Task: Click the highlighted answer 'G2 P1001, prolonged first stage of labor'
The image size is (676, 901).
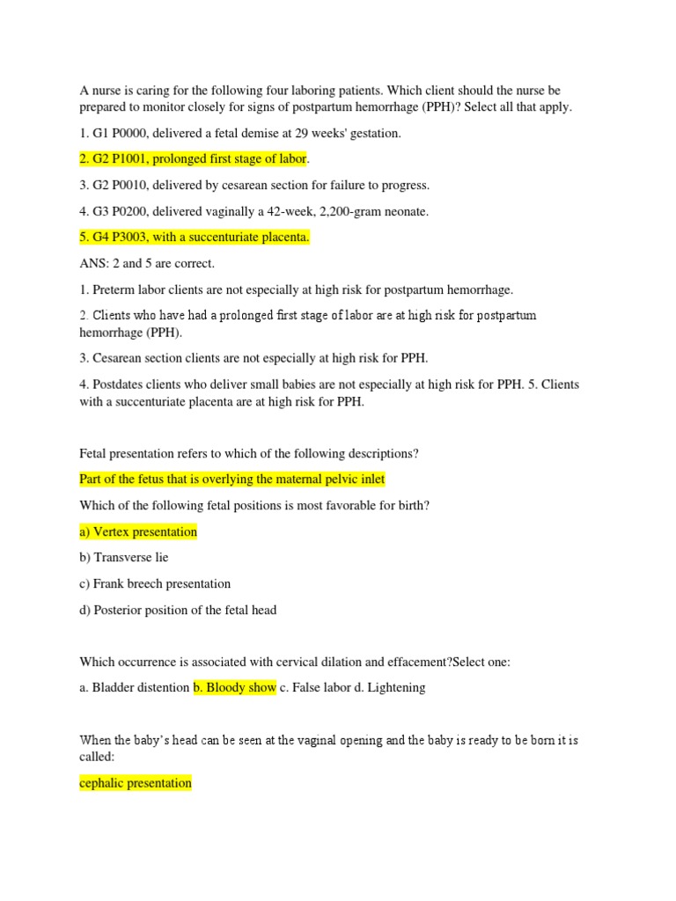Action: point(193,158)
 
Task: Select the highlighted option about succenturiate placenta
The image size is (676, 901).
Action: point(194,238)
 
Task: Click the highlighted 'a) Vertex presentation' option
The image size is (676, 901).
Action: point(138,531)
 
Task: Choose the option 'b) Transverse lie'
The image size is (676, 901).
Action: point(124,557)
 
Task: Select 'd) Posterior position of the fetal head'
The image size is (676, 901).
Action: point(178,609)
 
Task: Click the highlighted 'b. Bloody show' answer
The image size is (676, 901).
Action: point(235,687)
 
